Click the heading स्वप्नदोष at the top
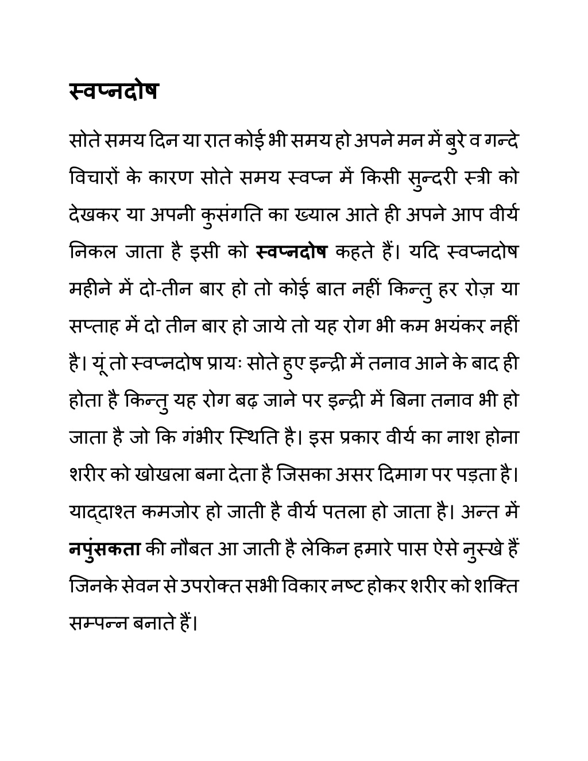(x=113, y=91)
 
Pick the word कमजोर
(x=170, y=512)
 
